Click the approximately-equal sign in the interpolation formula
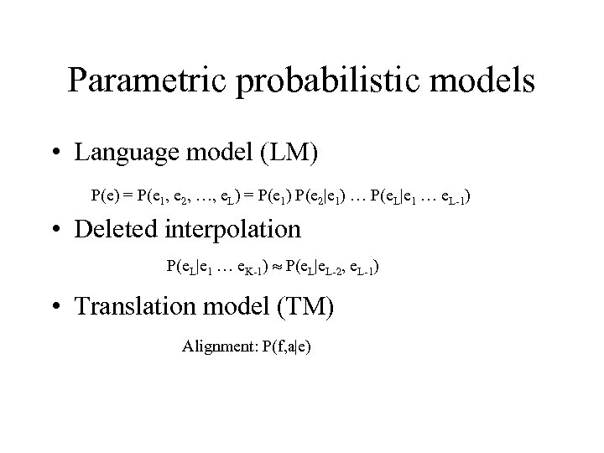276,268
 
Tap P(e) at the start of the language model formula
104,197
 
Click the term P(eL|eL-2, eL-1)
331,268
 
